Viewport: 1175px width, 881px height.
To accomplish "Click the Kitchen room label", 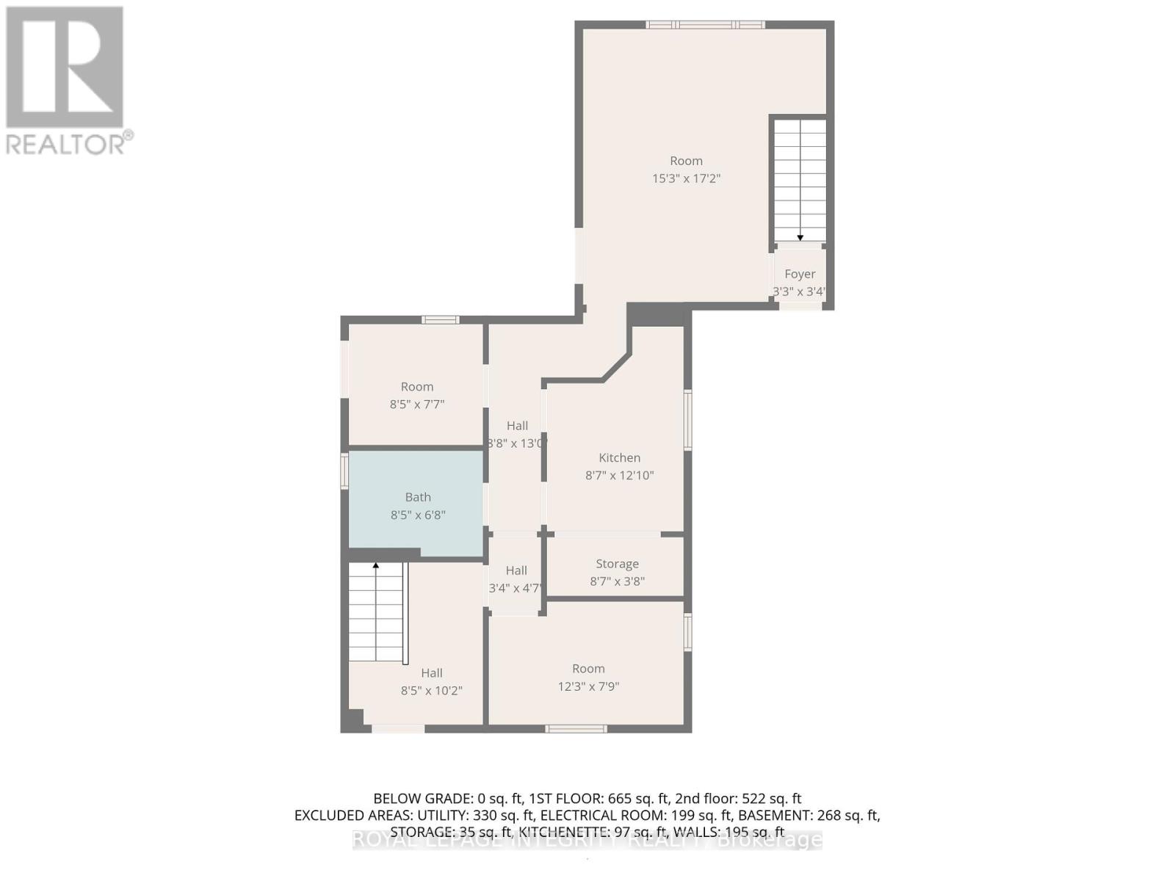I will click(x=619, y=457).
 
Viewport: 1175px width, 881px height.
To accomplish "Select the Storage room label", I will click(x=617, y=564).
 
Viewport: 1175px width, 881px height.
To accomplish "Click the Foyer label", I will click(x=800, y=274).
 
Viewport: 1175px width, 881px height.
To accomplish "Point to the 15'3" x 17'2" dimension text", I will click(x=686, y=178).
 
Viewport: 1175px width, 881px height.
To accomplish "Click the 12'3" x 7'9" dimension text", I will click(x=588, y=686).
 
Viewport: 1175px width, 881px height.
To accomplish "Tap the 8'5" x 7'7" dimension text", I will click(x=416, y=404).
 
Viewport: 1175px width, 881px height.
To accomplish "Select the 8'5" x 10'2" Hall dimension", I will click(x=431, y=690).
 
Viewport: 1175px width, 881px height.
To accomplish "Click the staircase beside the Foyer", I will click(x=800, y=180).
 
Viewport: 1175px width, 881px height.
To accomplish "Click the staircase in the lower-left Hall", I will click(x=376, y=613).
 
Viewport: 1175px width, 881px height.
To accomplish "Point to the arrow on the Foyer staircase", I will click(x=800, y=237).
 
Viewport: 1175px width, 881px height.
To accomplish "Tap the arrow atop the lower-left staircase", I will click(x=376, y=565).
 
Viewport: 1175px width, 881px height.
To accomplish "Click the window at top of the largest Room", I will click(x=705, y=25).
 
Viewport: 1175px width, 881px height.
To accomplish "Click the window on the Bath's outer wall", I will click(x=344, y=471).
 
